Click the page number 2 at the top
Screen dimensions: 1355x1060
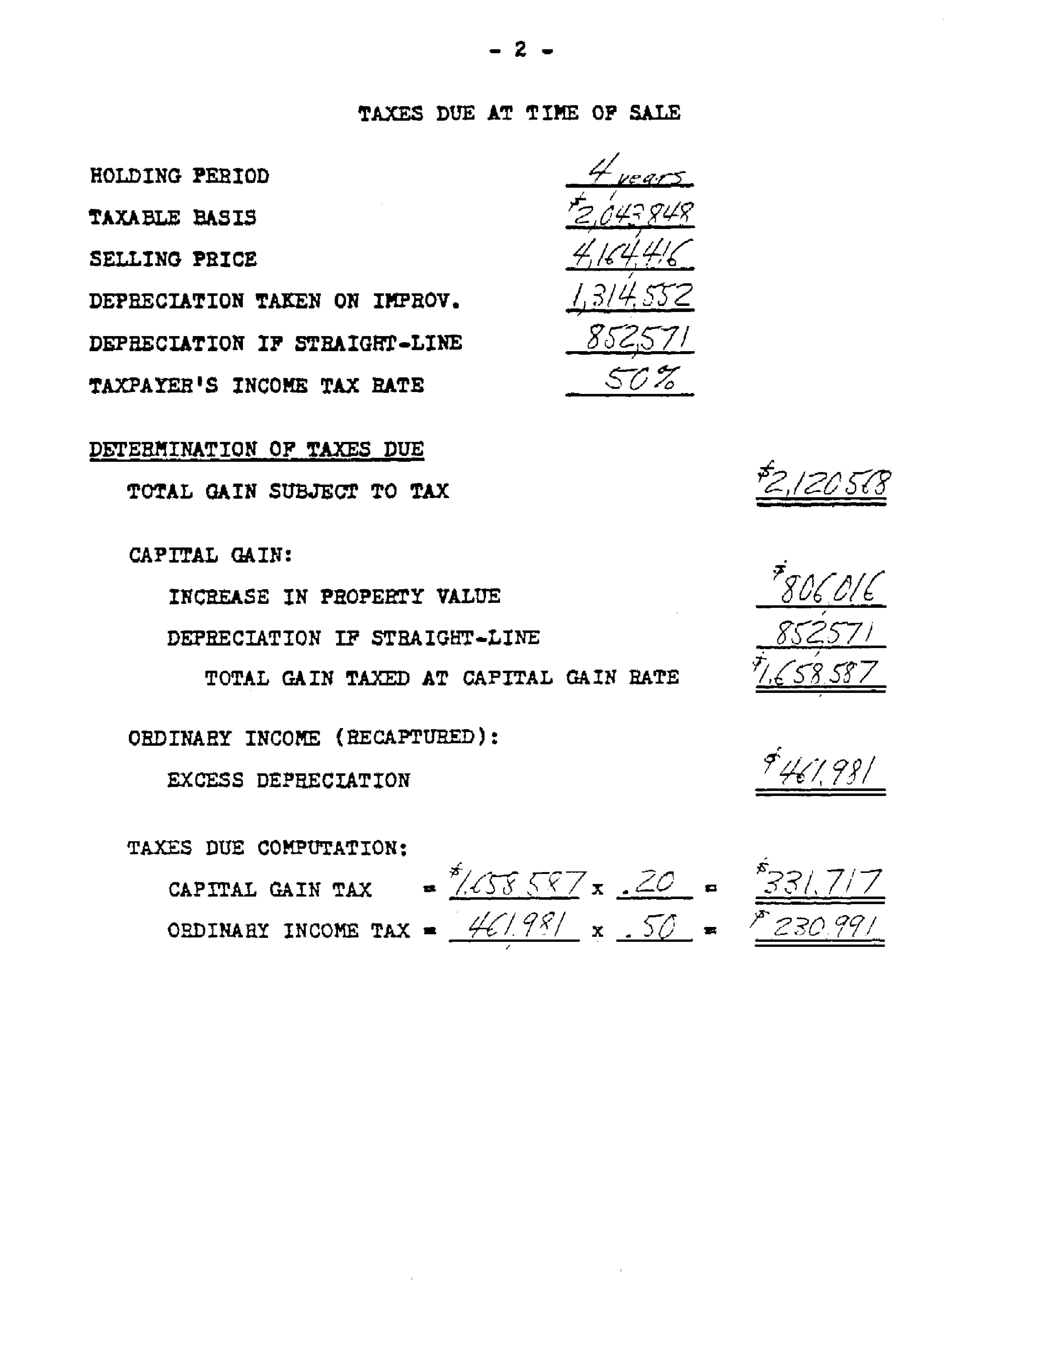click(520, 50)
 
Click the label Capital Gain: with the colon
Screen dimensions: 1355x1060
click(210, 555)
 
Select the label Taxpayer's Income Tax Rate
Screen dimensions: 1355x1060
click(256, 385)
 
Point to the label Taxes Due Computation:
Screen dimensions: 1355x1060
click(267, 848)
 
